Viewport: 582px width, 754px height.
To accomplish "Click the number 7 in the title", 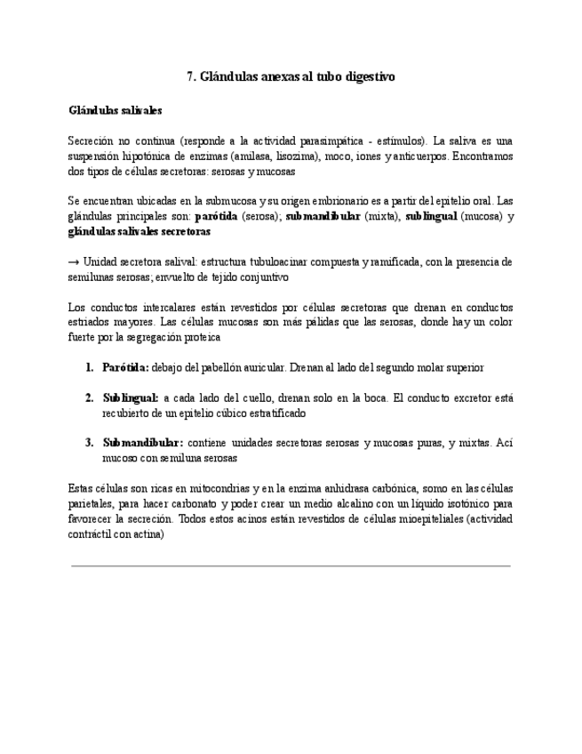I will tap(191, 77).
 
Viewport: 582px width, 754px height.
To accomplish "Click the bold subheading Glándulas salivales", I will tap(115, 111).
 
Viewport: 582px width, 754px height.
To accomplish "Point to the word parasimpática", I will tap(331, 140).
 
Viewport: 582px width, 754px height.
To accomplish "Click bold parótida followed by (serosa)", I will tap(216, 216).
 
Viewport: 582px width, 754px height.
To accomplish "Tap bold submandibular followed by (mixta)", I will tap(323, 216).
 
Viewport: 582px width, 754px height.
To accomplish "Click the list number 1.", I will tap(90, 367).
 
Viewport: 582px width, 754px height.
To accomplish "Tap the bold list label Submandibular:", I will tap(143, 443).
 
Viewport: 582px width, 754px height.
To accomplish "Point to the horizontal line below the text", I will tap(291, 565).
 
